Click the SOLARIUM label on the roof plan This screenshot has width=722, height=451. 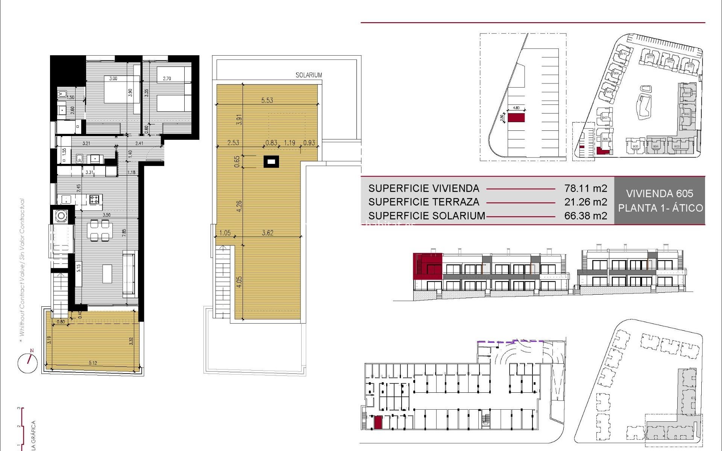click(309, 75)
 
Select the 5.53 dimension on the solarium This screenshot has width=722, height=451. click(267, 100)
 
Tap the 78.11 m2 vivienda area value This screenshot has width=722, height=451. click(585, 188)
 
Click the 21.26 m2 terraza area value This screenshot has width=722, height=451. click(585, 202)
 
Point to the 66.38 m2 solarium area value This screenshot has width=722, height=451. click(585, 216)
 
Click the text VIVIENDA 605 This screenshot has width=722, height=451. click(660, 194)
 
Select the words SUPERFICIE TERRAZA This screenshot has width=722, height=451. click(424, 202)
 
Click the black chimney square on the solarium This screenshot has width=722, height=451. click(271, 162)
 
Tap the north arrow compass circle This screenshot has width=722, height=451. click(27, 363)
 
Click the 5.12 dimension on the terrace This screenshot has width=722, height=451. click(93, 363)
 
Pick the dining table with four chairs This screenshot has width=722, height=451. click(100, 230)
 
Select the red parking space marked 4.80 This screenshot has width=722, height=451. click(516, 118)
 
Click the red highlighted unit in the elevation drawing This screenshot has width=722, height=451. click(428, 266)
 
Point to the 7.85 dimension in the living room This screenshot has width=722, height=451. click(124, 232)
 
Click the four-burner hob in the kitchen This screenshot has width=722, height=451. click(95, 199)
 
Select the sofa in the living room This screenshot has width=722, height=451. click(129, 275)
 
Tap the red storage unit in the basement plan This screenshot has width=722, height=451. click(378, 422)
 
